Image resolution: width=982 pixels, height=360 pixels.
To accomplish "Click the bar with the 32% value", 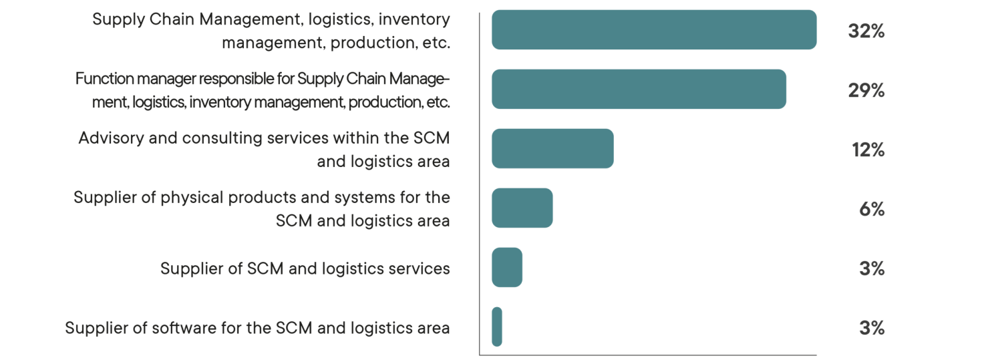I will [653, 30].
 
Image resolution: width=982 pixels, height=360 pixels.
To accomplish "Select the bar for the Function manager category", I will [638, 89].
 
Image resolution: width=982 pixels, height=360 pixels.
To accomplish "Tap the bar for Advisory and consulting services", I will [552, 148].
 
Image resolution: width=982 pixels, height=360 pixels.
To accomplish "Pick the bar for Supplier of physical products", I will [522, 208].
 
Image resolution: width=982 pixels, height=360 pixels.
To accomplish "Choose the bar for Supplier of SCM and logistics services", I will [506, 267].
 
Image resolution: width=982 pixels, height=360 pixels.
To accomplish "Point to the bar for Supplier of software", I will [496, 327].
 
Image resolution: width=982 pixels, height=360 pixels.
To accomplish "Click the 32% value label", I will [866, 31].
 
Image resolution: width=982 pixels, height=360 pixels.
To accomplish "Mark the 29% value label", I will [866, 90].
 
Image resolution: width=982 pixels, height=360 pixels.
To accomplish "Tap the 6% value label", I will [871, 209].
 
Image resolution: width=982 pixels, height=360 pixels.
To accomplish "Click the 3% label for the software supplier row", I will [871, 328].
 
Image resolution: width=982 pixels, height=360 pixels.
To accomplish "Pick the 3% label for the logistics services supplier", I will [871, 268].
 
